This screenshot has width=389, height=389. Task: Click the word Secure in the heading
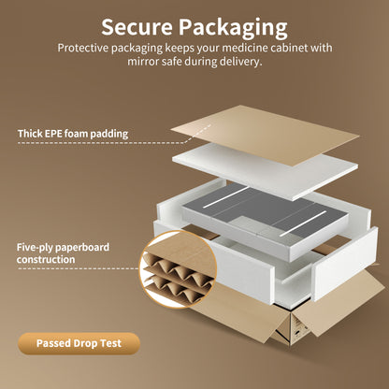(137, 27)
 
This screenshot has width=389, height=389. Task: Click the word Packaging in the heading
(233, 29)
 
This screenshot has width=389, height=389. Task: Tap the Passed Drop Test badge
(79, 343)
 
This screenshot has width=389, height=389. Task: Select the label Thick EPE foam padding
(73, 134)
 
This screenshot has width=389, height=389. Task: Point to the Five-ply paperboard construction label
(63, 253)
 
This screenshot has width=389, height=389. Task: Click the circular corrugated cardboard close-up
(178, 269)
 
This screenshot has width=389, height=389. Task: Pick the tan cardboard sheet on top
(265, 135)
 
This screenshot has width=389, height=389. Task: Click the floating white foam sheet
(265, 171)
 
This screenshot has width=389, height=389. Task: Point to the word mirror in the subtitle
(143, 62)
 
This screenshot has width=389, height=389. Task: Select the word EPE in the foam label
(53, 134)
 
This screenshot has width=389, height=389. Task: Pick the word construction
(46, 259)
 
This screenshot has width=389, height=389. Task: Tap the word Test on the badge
(110, 343)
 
